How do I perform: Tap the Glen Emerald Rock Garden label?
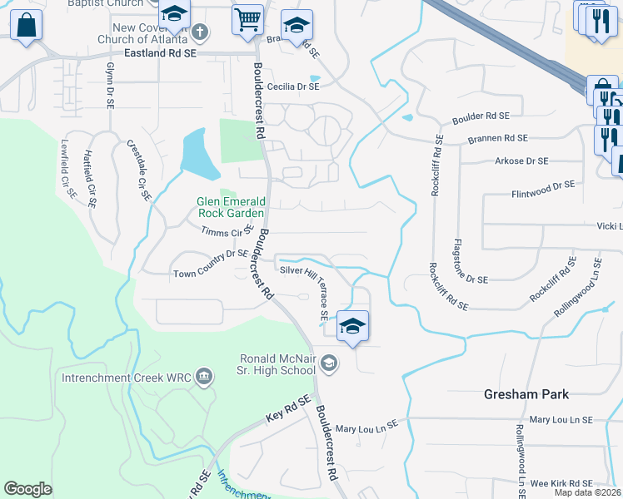click(x=231, y=207)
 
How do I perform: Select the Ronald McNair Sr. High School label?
click(x=277, y=364)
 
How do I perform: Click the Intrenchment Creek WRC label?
click(x=127, y=378)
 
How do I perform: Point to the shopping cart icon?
click(x=247, y=18)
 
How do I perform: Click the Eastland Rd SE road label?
click(x=159, y=52)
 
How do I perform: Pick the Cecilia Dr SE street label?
click(x=293, y=86)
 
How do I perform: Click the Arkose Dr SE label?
click(x=521, y=161)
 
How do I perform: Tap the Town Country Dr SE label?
click(x=210, y=264)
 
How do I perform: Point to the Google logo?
click(x=27, y=489)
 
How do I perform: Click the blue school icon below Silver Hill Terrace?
click(x=352, y=325)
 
